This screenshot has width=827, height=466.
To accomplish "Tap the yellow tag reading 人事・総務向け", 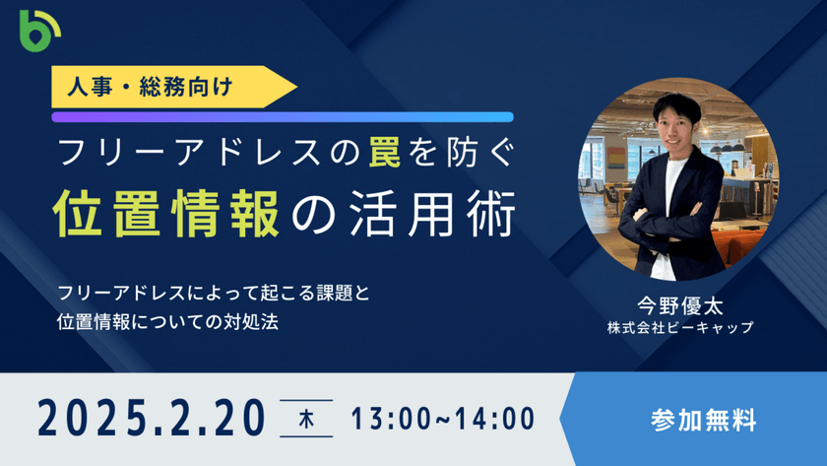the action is coord(174,87).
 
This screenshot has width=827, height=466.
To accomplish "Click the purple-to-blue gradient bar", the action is coord(283,117).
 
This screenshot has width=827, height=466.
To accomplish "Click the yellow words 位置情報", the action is coord(166,214).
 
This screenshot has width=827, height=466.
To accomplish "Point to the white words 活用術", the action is coord(432,214).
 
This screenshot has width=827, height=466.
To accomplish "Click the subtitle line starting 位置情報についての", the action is coord(167,322).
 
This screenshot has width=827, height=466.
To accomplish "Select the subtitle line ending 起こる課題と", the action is coord(214,293).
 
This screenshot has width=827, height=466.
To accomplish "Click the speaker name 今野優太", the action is coord(680,305).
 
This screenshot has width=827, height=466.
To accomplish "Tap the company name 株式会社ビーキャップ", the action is coord(680,327).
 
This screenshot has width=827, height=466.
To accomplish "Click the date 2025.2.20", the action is coord(152,419).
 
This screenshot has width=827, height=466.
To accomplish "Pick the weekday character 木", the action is coord(306,419).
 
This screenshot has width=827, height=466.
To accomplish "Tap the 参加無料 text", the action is coord(703,420).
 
